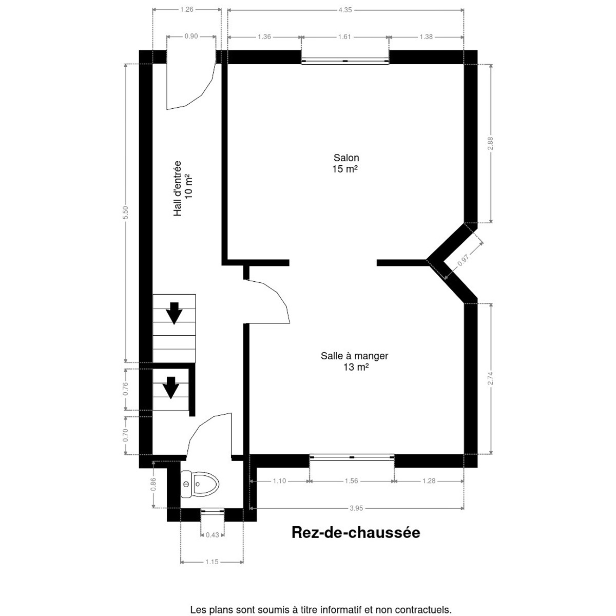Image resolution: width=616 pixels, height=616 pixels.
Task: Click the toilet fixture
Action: (200, 484)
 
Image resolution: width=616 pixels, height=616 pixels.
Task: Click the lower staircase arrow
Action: (171, 388)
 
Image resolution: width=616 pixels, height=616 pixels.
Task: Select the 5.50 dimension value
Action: (125, 213)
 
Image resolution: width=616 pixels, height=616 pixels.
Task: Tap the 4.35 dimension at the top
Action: (345, 10)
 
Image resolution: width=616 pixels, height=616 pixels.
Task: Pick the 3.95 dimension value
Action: (356, 508)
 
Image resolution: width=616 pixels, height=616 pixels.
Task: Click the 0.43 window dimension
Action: (212, 535)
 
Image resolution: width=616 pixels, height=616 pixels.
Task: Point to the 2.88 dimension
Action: (490, 143)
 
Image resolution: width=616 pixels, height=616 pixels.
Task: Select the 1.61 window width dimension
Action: (344, 37)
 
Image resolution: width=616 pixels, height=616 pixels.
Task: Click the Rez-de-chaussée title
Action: (356, 533)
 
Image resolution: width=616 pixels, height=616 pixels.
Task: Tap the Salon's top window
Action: (345, 61)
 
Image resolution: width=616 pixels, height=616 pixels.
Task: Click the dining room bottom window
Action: (352, 457)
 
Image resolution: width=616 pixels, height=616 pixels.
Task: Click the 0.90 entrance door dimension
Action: (191, 36)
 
